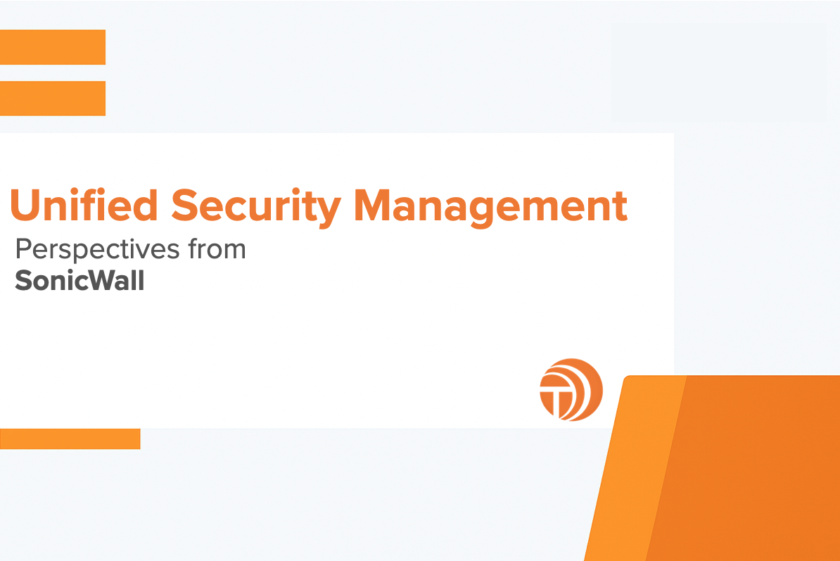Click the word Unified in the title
pos(83,205)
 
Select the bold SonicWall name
pos(79,281)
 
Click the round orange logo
pos(571,389)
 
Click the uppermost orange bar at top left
pos(52,47)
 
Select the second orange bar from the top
pos(52,98)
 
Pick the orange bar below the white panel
pos(70,439)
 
